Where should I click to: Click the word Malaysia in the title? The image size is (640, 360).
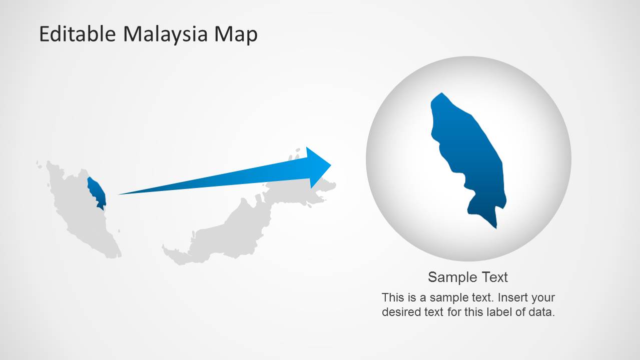[x=165, y=34]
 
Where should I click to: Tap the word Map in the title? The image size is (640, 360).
[x=236, y=34]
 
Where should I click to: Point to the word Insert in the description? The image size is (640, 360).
[x=512, y=297]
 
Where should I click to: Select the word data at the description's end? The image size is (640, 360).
[x=541, y=312]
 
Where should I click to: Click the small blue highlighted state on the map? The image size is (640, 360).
[x=97, y=191]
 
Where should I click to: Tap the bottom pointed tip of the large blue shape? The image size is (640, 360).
[x=496, y=228]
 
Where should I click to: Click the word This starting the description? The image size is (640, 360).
[x=392, y=297]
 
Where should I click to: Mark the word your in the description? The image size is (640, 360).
[x=543, y=297]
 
